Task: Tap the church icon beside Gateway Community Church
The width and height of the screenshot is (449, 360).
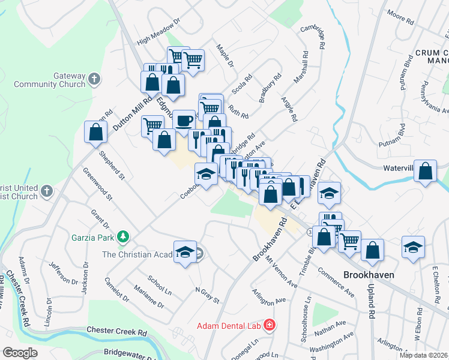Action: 94,79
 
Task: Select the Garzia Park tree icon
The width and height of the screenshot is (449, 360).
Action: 123,237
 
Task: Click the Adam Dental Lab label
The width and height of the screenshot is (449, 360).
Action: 230,326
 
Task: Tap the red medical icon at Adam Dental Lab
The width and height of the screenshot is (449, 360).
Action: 269,326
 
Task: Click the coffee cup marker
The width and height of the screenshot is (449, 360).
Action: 184,121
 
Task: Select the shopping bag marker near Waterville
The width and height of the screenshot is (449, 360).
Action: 425,171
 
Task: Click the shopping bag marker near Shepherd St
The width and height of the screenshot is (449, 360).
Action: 95,133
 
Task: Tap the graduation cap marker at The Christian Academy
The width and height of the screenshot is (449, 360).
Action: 185,251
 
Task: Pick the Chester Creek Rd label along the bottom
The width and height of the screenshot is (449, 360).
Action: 116,331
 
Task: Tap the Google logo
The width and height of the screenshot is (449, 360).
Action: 19,353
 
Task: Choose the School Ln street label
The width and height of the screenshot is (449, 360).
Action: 160,286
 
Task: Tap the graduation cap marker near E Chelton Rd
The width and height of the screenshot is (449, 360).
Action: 413,248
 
